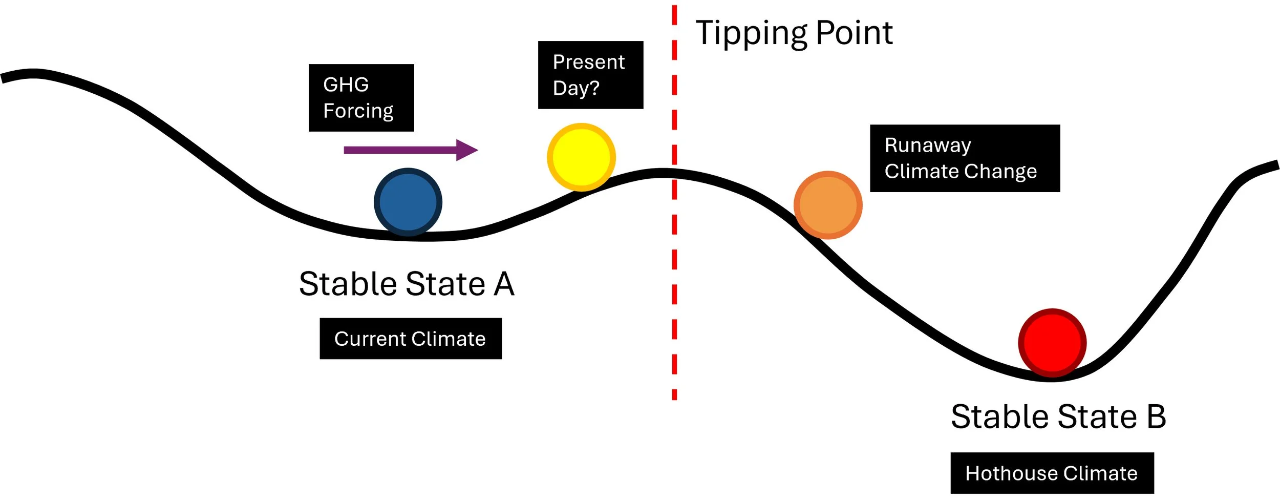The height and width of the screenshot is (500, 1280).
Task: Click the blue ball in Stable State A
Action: point(408,202)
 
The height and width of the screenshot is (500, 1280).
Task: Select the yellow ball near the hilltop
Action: point(581,157)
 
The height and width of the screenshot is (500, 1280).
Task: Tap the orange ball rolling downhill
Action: point(828,205)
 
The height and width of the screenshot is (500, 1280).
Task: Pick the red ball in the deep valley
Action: point(1052,343)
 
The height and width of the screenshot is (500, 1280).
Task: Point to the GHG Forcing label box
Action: point(361,98)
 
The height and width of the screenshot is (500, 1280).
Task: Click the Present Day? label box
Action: point(590,75)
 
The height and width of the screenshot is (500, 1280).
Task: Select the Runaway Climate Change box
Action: point(965,158)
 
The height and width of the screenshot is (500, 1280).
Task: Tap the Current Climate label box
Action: point(411,339)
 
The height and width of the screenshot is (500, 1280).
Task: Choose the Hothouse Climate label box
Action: point(1052,473)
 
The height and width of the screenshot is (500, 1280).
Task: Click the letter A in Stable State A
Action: point(504,284)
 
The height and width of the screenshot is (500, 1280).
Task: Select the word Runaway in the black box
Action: point(928,145)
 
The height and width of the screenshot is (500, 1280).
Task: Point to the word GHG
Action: point(346,85)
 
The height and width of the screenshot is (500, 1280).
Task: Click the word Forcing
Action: point(358,111)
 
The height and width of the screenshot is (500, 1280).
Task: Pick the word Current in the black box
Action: point(370,339)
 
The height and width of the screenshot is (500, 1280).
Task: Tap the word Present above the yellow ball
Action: point(588,62)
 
